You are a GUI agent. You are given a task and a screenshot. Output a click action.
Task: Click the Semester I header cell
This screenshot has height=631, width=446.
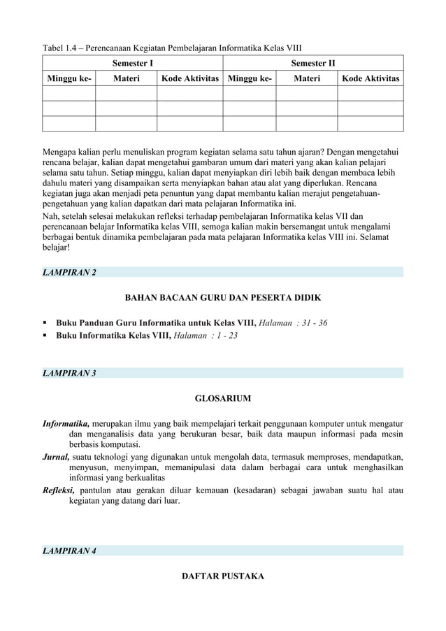(x=133, y=64)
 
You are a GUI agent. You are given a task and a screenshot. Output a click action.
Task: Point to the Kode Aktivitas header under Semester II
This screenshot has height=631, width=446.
(x=371, y=79)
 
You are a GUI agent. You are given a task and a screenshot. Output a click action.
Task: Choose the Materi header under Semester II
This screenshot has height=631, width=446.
(x=306, y=79)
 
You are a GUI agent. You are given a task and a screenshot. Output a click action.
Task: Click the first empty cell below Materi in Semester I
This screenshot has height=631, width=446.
(x=126, y=94)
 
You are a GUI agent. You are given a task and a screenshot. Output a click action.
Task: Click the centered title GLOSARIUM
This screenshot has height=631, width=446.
(x=222, y=399)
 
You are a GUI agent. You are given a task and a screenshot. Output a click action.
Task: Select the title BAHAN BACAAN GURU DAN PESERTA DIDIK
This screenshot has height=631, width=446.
(x=222, y=298)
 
